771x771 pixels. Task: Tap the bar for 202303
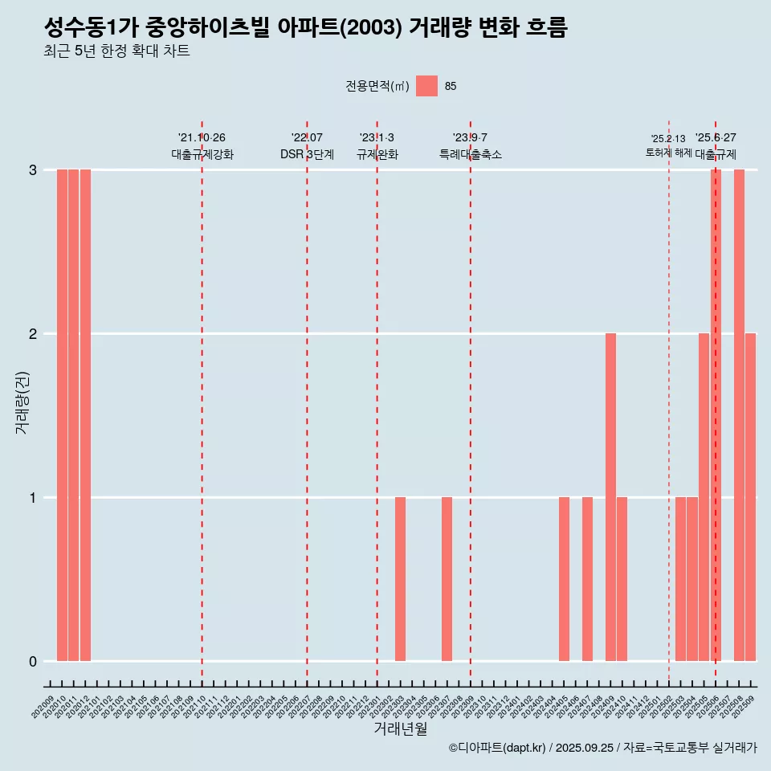pyautogui.click(x=400, y=579)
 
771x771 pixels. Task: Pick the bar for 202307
pyautogui.click(x=447, y=579)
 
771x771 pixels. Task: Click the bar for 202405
pyautogui.click(x=564, y=579)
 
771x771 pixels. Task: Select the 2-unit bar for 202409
pyautogui.click(x=610, y=497)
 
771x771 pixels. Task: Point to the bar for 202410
pyautogui.click(x=622, y=579)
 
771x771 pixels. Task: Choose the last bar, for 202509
pyautogui.click(x=750, y=497)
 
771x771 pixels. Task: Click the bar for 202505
pyautogui.click(x=704, y=497)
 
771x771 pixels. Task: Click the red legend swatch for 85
pyautogui.click(x=426, y=86)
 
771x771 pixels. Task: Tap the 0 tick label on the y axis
pyautogui.click(x=33, y=661)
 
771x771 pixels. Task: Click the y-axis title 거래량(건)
pyautogui.click(x=22, y=402)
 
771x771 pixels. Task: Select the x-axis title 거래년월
pyautogui.click(x=400, y=728)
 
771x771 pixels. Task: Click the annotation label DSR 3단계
pyautogui.click(x=307, y=154)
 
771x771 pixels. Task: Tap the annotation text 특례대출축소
pyautogui.click(x=470, y=154)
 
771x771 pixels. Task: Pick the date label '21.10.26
pyautogui.click(x=202, y=138)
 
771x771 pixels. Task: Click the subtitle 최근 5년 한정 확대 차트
pyautogui.click(x=117, y=51)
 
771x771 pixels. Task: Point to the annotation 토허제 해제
pyautogui.click(x=668, y=153)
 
